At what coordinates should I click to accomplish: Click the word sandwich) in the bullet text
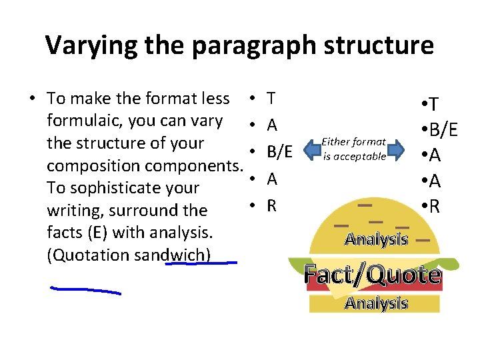click(x=177, y=255)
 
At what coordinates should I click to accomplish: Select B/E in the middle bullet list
click(x=279, y=152)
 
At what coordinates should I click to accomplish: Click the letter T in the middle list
click(x=271, y=99)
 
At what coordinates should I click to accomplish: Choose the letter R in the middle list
click(x=271, y=205)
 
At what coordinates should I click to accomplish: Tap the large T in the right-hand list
click(x=433, y=104)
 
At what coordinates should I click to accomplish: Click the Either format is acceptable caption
click(x=353, y=149)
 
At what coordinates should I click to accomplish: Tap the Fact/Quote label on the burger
click(x=372, y=274)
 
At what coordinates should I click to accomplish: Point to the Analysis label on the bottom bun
click(x=376, y=303)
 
